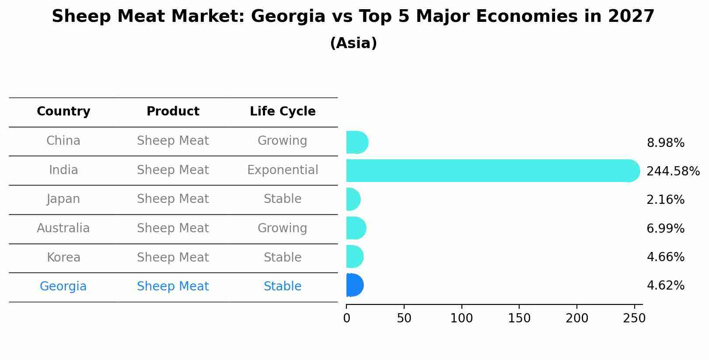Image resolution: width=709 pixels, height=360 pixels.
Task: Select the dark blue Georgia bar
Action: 354,285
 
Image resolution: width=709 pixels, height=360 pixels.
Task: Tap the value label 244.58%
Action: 673,171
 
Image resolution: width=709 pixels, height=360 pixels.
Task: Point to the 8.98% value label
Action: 665,143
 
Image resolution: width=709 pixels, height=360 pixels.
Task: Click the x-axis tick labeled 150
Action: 519,318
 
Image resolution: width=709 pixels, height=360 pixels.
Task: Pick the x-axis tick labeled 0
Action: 347,318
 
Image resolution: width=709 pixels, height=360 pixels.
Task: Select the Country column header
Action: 63,112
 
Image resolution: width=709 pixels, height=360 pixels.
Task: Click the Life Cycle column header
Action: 283,112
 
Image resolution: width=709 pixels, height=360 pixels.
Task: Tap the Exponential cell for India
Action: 283,170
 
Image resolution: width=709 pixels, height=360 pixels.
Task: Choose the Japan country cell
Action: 63,199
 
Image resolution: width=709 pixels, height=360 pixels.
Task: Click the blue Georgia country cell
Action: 63,287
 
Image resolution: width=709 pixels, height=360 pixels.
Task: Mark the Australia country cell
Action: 63,228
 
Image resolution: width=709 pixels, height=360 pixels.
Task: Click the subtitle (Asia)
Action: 353,43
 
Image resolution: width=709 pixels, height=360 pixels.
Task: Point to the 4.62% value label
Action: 665,286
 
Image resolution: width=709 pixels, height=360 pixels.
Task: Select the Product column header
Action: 173,112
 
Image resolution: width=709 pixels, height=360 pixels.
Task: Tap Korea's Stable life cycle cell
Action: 283,258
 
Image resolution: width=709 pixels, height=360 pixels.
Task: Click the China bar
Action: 356,142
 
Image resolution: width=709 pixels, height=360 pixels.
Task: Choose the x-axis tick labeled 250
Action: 634,318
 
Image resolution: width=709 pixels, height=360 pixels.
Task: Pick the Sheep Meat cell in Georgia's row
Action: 173,287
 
